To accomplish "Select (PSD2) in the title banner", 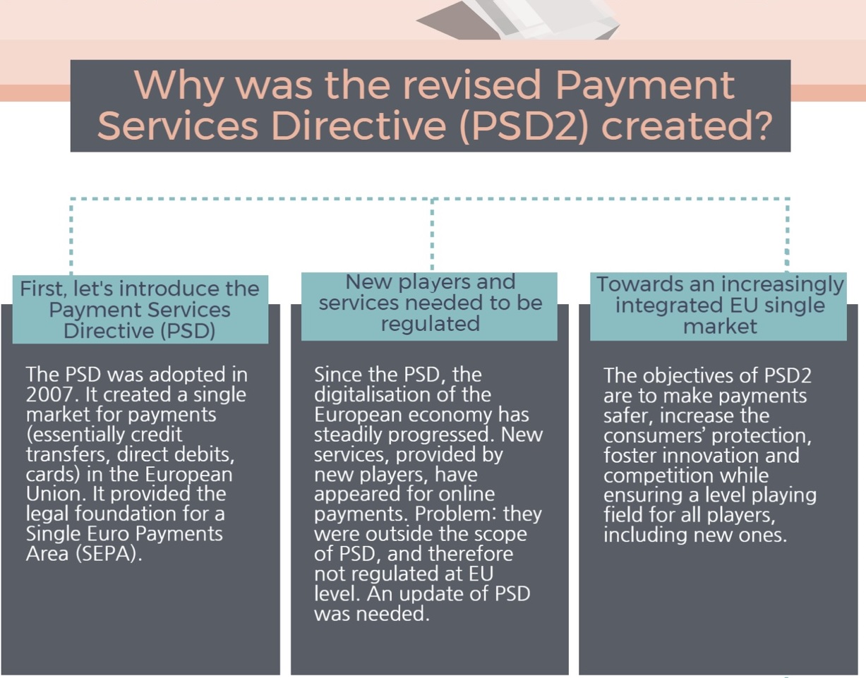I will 523,126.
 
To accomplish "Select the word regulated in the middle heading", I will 430,324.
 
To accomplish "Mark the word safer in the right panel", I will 627,415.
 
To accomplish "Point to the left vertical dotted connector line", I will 71,236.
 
